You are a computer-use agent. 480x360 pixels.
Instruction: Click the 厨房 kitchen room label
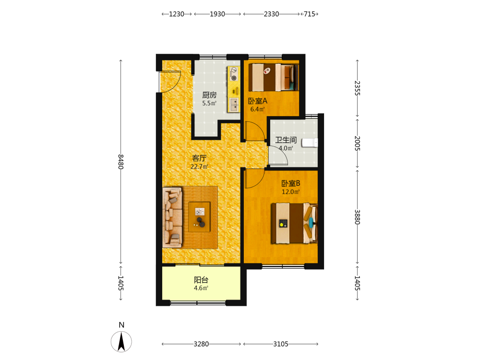coord(209,95)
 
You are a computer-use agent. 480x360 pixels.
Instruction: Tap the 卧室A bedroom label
coord(257,101)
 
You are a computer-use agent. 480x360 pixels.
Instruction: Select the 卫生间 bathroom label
coord(286,140)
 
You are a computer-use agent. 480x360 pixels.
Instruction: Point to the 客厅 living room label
coord(199,158)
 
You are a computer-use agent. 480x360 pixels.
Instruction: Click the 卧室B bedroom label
coord(291,183)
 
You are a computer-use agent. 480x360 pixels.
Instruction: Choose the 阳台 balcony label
coord(201,280)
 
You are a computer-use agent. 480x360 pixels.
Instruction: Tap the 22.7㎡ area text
coord(199,167)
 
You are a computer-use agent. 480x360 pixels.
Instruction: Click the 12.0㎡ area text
coord(291,192)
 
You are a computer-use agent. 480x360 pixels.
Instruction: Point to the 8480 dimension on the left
coord(121,162)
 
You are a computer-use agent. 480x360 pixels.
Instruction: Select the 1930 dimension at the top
coord(217,14)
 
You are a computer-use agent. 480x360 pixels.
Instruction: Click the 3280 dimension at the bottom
coord(201,344)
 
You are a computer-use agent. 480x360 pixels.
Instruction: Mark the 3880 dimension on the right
coord(357,217)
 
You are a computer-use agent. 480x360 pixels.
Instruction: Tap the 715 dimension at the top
coord(310,14)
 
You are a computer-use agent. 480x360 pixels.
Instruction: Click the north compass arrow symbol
coord(121,342)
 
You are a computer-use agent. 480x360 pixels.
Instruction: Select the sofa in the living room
coord(172,217)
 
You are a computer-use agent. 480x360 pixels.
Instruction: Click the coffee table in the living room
coord(199,217)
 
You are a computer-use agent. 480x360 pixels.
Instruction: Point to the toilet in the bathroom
coord(310,143)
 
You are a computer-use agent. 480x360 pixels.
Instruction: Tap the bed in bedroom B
coord(295,223)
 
